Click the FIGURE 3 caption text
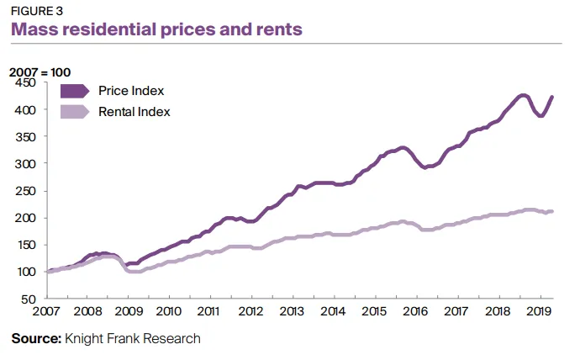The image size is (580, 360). click(37, 11)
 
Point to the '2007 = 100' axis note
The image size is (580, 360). click(40, 71)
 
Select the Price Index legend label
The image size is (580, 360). click(130, 91)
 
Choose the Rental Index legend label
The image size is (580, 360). click(134, 111)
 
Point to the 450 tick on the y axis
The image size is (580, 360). click(27, 82)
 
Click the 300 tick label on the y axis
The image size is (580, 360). click(27, 163)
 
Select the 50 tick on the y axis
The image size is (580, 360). click(30, 299)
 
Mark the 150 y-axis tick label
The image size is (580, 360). click(27, 245)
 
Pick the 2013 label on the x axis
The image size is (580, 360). click(293, 311)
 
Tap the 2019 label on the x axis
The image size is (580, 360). click(538, 311)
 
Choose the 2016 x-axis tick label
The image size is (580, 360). click(416, 311)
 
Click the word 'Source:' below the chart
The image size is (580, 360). click(35, 338)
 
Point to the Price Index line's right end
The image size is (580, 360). click(552, 97)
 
